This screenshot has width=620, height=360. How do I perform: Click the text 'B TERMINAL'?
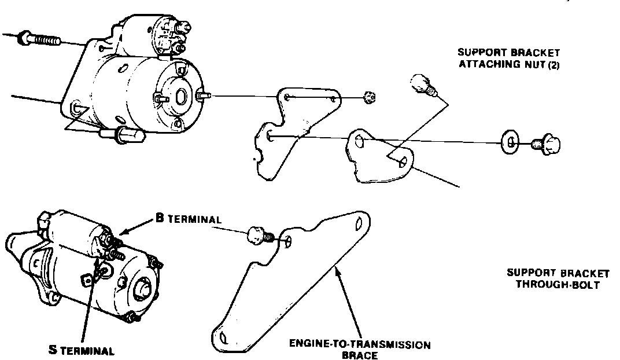click(189, 219)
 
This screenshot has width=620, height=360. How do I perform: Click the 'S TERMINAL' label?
click(81, 350)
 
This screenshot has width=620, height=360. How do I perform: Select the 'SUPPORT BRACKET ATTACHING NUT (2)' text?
click(509, 57)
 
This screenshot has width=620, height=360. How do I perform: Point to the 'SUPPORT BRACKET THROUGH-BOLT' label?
click(558, 278)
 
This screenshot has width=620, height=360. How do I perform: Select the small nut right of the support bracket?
click(370, 98)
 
